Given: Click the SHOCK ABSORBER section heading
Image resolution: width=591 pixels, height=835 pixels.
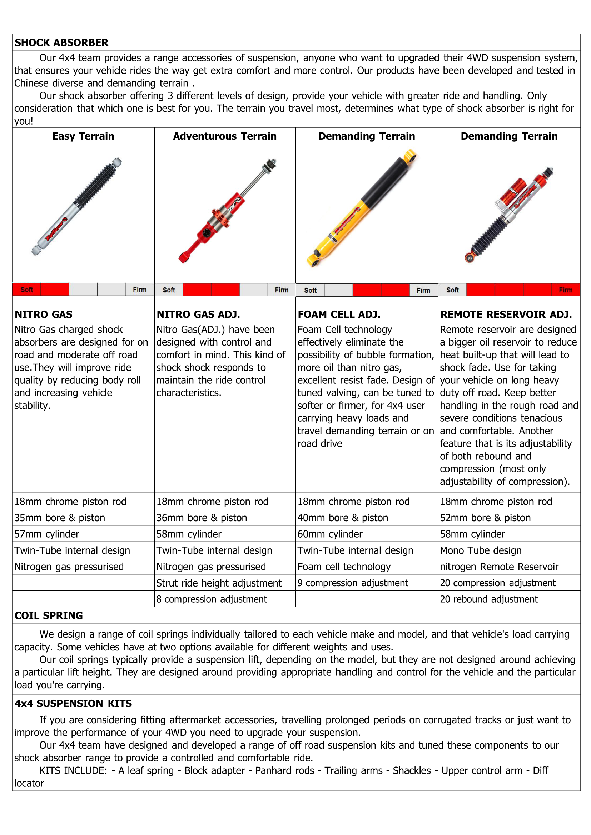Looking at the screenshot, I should pyautogui.click(x=61, y=42).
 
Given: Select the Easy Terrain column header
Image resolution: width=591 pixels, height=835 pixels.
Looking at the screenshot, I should pyautogui.click(x=83, y=136).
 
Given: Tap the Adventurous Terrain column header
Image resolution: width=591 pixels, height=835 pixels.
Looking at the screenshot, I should pyautogui.click(x=224, y=136).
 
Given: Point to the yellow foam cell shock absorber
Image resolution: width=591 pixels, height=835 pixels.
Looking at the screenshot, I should pyautogui.click(x=362, y=208).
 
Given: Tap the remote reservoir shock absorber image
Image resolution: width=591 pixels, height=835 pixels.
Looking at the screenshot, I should pyautogui.click(x=510, y=215).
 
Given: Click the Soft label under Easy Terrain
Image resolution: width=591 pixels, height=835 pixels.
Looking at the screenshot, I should pyautogui.click(x=26, y=290).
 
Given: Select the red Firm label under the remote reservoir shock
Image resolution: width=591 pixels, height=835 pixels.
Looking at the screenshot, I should pyautogui.click(x=565, y=290).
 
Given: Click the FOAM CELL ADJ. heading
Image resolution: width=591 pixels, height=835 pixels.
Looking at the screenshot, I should pyautogui.click(x=339, y=314).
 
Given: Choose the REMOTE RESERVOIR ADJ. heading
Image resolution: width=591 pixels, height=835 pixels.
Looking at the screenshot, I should pyautogui.click(x=506, y=314).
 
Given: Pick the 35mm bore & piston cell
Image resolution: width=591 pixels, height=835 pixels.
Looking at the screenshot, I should pyautogui.click(x=60, y=518).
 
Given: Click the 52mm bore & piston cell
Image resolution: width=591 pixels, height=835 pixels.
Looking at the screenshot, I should pyautogui.click(x=485, y=518).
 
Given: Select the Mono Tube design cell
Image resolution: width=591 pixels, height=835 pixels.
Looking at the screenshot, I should pyautogui.click(x=480, y=550).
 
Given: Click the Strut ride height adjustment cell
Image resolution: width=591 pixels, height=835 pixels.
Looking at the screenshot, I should pyautogui.click(x=219, y=583).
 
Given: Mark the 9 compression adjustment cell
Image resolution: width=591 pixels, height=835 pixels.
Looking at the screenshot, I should pyautogui.click(x=353, y=583).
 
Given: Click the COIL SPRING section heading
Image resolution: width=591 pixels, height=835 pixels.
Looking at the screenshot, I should pyautogui.click(x=49, y=615).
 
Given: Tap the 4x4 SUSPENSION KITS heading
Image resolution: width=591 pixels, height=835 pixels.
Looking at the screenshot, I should pyautogui.click(x=73, y=703).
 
